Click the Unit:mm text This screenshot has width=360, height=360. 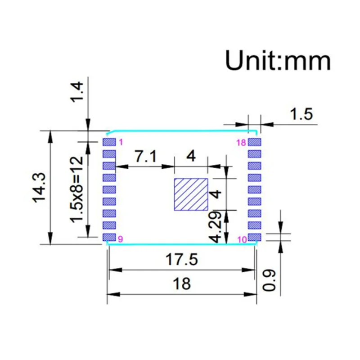(278, 60)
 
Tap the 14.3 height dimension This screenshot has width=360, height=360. (39, 188)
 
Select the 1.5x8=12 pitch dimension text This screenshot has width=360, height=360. (76, 189)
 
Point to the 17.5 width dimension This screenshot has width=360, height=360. (181, 260)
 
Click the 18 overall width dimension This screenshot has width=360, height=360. (182, 283)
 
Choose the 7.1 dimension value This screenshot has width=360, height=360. (146, 156)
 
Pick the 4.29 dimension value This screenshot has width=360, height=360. (216, 227)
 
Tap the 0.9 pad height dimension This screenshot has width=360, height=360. (269, 280)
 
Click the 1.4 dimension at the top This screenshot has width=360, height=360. (76, 92)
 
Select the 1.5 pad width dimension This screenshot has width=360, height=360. (301, 114)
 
